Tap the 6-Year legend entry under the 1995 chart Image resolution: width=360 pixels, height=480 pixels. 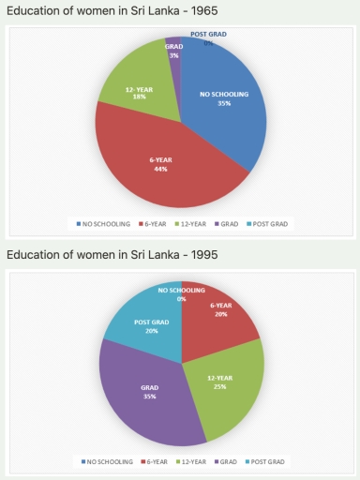[156, 461]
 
